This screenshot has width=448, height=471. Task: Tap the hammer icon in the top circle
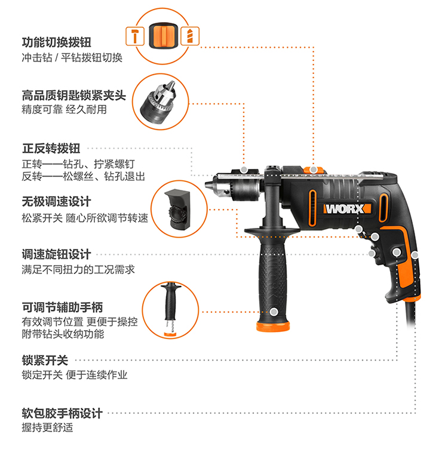pyautogui.click(x=136, y=35)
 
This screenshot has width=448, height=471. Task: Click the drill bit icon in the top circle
pyautogui.click(x=189, y=35)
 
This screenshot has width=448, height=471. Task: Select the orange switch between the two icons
pyautogui.click(x=162, y=35)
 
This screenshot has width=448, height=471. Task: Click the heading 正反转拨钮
pyautogui.click(x=51, y=148)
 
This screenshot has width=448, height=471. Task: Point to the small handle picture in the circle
pyautogui.click(x=169, y=310)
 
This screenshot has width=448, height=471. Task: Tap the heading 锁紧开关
pyautogui.click(x=45, y=360)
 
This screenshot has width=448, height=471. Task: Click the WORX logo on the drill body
pyautogui.click(x=347, y=210)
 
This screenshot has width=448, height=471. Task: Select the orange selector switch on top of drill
pyautogui.click(x=312, y=170)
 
